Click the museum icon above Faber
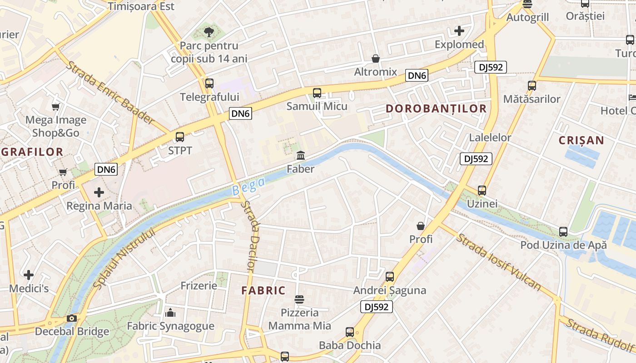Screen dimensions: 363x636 pyautogui.click(x=301, y=156)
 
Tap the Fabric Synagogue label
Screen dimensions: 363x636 pyautogui.click(x=170, y=326)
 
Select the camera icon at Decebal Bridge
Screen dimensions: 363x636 pyautogui.click(x=71, y=318)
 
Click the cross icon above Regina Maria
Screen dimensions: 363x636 pyautogui.click(x=99, y=192)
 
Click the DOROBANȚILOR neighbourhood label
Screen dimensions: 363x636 pyautogui.click(x=436, y=108)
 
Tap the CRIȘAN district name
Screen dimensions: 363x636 pyautogui.click(x=581, y=140)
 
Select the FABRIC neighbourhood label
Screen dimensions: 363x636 pyautogui.click(x=263, y=290)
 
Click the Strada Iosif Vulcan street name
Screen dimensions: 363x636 pyautogui.click(x=498, y=262)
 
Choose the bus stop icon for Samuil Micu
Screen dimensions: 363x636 pyautogui.click(x=317, y=93)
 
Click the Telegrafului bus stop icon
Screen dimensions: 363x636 pyautogui.click(x=209, y=83)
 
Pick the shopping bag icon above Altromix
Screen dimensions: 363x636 pyautogui.click(x=376, y=59)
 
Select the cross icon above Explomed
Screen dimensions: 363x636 pyautogui.click(x=459, y=31)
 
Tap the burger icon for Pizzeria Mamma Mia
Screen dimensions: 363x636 pyautogui.click(x=299, y=299)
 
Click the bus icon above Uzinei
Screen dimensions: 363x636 pyautogui.click(x=482, y=191)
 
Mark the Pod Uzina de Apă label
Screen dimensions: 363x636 pyautogui.click(x=563, y=245)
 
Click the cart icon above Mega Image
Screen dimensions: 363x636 pyautogui.click(x=55, y=107)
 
